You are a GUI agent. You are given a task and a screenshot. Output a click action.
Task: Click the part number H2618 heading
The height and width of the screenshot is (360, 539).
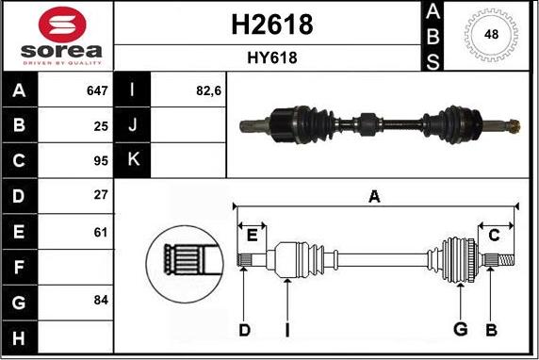(x=271, y=25)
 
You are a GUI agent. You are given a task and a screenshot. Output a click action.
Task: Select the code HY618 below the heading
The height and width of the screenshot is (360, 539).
(x=271, y=58)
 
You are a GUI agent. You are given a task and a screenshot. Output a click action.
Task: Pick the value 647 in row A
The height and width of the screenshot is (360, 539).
(x=96, y=91)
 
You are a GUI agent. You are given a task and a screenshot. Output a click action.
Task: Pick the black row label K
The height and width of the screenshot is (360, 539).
(x=131, y=158)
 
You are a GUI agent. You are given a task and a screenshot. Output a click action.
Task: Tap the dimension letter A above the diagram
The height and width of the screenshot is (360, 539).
(x=374, y=197)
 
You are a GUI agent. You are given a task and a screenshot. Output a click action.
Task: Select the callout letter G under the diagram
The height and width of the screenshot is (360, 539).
(x=460, y=329)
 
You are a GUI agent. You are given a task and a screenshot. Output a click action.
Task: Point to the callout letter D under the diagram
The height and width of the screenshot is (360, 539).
(x=244, y=329)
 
